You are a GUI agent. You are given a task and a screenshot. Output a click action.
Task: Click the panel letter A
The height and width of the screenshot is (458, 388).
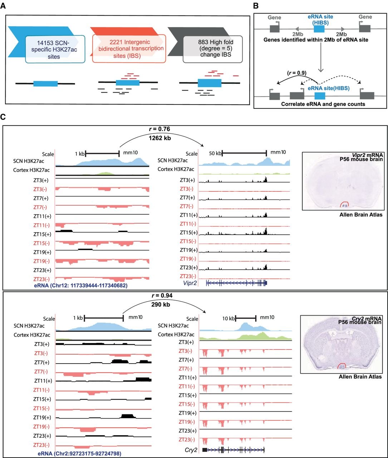(3, 6)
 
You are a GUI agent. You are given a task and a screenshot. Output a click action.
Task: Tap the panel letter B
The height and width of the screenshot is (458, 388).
(256, 6)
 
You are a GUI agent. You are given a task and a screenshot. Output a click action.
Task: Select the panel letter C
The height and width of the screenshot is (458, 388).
(3, 117)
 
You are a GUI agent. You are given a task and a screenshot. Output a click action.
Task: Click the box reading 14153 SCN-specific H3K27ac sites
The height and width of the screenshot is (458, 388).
(55, 49)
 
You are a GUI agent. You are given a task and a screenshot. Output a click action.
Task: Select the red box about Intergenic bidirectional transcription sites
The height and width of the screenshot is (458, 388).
(129, 49)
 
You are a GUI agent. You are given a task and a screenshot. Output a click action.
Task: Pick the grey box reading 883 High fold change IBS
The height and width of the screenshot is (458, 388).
(213, 49)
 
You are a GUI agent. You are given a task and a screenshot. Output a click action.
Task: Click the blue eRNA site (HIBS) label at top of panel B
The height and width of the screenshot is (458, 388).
(320, 19)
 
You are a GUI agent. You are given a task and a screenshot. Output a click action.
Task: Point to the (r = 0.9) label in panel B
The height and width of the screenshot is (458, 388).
(297, 73)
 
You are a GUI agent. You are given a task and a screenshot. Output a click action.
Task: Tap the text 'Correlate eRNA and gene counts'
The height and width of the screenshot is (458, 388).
(323, 104)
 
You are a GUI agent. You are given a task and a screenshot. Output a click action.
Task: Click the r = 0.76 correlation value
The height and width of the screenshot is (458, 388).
(159, 129)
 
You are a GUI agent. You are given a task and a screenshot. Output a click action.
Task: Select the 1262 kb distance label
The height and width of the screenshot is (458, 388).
(160, 138)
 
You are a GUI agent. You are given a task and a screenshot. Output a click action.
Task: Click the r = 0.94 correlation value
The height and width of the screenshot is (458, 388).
(162, 295)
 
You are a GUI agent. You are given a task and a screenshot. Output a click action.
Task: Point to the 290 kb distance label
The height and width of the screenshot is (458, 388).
(161, 304)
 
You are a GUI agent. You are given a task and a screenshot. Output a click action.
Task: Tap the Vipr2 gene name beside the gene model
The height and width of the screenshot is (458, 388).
(190, 283)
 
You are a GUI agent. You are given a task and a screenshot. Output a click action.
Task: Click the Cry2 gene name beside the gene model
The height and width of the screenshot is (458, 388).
(191, 450)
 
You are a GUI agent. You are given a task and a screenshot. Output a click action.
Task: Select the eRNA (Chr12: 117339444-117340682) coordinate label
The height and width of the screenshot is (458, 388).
(80, 286)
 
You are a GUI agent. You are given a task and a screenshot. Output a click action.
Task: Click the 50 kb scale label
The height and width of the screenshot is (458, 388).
(215, 154)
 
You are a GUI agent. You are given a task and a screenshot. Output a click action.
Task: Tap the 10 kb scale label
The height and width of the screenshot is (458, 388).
(228, 318)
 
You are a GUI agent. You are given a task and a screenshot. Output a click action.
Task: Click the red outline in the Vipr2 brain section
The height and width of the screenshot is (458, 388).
(344, 202)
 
